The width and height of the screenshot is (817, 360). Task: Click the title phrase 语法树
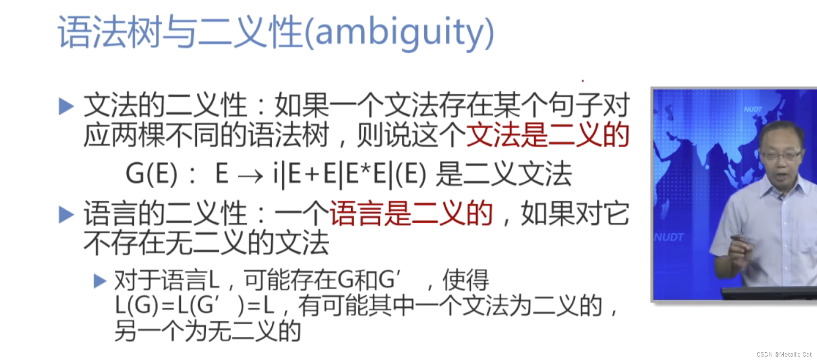(110, 32)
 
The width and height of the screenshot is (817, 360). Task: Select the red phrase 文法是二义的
(547, 135)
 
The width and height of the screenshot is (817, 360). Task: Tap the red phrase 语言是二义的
(411, 214)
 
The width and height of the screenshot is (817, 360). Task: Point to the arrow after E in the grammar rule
(250, 176)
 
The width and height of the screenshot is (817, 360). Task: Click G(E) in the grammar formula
(152, 174)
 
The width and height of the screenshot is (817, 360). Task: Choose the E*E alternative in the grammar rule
(366, 174)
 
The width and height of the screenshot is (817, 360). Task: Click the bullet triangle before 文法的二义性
(66, 106)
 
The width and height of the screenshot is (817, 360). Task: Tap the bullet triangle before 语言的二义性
(66, 214)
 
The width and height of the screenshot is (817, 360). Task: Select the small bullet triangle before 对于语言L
(100, 281)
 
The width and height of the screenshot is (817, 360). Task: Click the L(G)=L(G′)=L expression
(194, 306)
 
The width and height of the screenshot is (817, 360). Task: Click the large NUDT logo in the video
(669, 237)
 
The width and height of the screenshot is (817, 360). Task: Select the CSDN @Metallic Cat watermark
(784, 354)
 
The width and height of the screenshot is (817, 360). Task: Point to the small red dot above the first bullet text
(583, 81)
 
